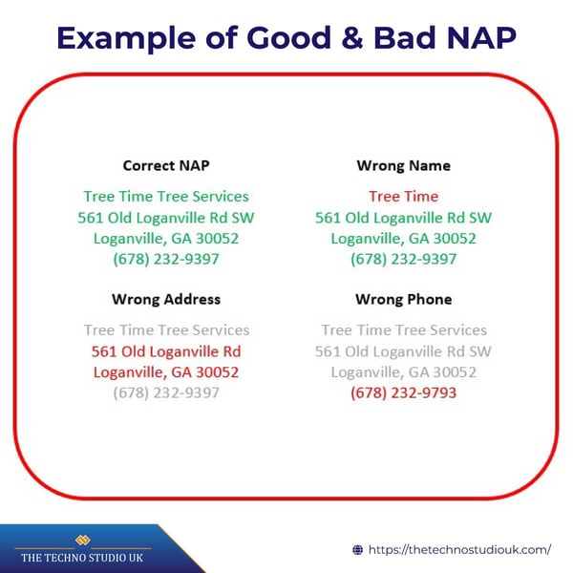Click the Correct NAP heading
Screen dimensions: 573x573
[166, 165]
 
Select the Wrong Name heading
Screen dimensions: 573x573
[403, 165]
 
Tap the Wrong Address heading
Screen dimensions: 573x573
[166, 299]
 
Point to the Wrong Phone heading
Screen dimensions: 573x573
[403, 299]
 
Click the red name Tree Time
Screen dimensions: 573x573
[403, 196]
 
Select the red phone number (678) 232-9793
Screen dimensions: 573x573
[403, 393]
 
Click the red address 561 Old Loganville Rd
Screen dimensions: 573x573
[166, 350]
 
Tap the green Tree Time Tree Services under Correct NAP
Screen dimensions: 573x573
[166, 196]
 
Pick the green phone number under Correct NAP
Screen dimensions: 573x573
[166, 259]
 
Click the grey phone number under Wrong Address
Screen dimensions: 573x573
[166, 393]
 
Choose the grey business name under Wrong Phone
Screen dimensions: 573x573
[403, 329]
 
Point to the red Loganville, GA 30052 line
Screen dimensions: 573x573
[166, 371]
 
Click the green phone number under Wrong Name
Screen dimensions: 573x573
[403, 259]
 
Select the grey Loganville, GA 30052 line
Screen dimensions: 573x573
[403, 371]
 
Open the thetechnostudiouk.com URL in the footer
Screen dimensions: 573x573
[459, 549]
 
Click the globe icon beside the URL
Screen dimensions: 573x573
[358, 549]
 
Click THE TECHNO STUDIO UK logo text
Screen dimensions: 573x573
[82, 557]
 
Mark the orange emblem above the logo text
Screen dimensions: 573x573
[82, 539]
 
